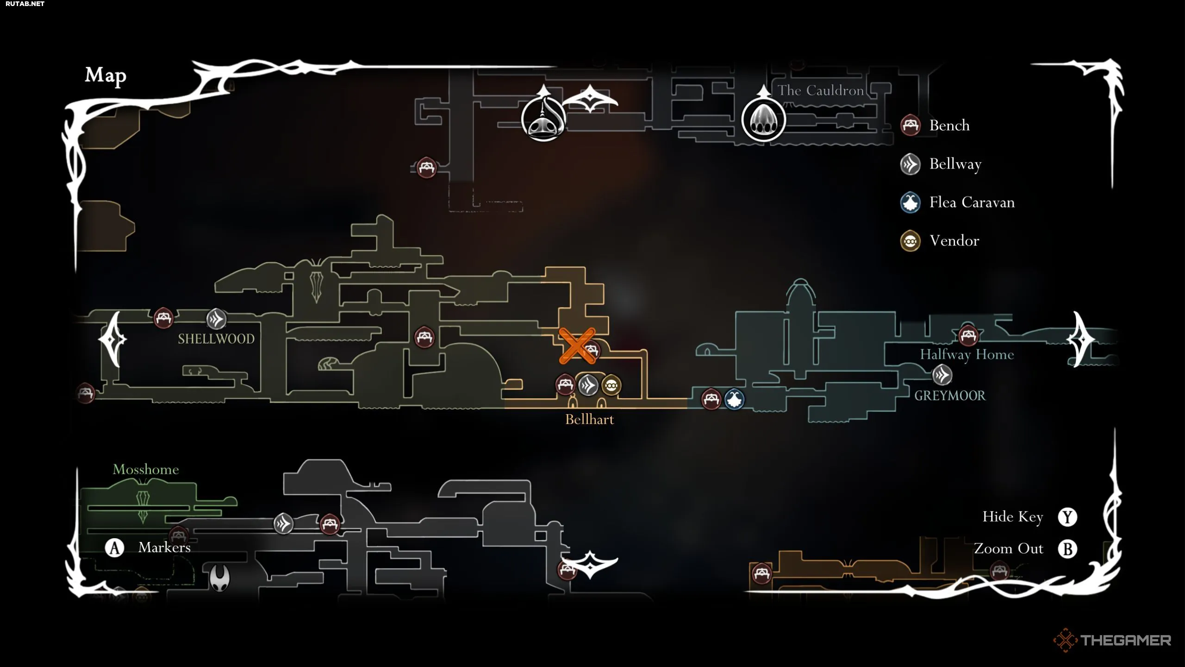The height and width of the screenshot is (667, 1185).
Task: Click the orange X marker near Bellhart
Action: click(577, 346)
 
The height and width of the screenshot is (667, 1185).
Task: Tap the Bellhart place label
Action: click(589, 419)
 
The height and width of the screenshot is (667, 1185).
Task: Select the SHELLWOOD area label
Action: click(216, 339)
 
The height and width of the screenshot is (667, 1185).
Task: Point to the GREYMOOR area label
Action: click(950, 396)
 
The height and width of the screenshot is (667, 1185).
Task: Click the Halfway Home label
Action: click(967, 354)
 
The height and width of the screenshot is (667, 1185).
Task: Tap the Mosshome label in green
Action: click(146, 469)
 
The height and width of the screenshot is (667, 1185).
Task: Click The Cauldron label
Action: click(820, 90)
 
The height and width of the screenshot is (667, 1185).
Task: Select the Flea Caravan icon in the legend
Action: click(910, 202)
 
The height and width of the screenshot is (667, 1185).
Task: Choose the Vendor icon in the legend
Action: click(910, 241)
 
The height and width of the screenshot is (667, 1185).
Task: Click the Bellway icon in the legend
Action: click(910, 164)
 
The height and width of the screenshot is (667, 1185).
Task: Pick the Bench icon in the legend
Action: click(910, 125)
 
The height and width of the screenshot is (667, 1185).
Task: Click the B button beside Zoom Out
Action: click(1067, 549)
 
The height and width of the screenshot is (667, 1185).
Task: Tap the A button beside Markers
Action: click(114, 548)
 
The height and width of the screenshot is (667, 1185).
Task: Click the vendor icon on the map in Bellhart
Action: click(611, 385)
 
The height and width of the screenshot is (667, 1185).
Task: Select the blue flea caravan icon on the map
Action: click(734, 399)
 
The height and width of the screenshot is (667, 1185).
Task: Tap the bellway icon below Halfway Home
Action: click(942, 375)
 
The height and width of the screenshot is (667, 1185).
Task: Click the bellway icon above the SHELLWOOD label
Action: click(216, 319)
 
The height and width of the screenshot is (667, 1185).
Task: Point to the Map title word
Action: click(106, 76)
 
